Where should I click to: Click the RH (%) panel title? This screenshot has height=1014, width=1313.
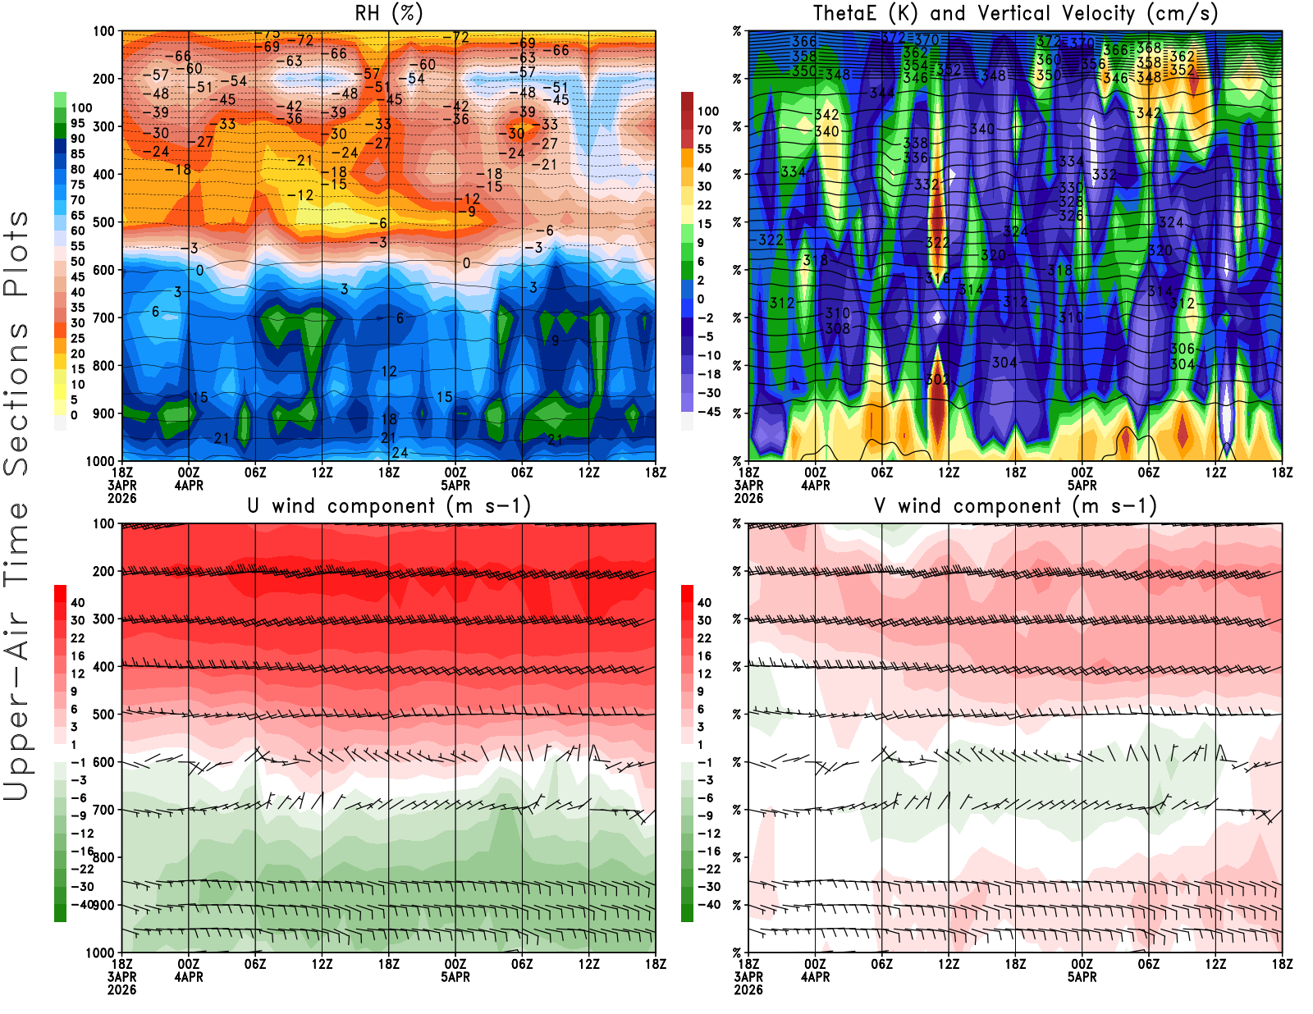click(x=388, y=13)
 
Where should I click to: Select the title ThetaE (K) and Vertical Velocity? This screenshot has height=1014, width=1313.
click(x=1015, y=13)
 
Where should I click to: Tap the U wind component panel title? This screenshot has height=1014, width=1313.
click(x=389, y=505)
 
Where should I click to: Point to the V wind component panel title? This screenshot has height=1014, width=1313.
click(x=1015, y=505)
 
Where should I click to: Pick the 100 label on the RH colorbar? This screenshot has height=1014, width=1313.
click(x=81, y=107)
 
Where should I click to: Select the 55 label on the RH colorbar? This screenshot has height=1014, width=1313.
click(x=78, y=246)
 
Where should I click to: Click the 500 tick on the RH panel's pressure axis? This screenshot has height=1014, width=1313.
click(x=103, y=222)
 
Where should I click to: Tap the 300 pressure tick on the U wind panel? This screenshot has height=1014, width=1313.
click(x=103, y=619)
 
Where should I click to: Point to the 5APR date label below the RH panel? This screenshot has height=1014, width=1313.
click(x=455, y=485)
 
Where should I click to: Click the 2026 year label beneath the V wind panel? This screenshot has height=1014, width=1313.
click(x=748, y=989)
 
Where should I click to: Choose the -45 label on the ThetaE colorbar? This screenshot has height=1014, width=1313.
click(x=709, y=412)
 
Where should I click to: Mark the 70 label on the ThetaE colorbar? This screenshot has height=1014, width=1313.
click(x=704, y=130)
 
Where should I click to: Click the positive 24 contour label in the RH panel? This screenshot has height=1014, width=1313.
click(x=400, y=452)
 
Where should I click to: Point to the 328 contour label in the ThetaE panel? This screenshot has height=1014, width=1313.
click(x=1071, y=202)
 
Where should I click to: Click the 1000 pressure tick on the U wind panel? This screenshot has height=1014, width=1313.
click(x=100, y=952)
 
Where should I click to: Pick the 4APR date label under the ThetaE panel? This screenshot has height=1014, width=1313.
click(x=815, y=485)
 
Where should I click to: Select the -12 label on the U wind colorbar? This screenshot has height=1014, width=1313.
click(x=82, y=834)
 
